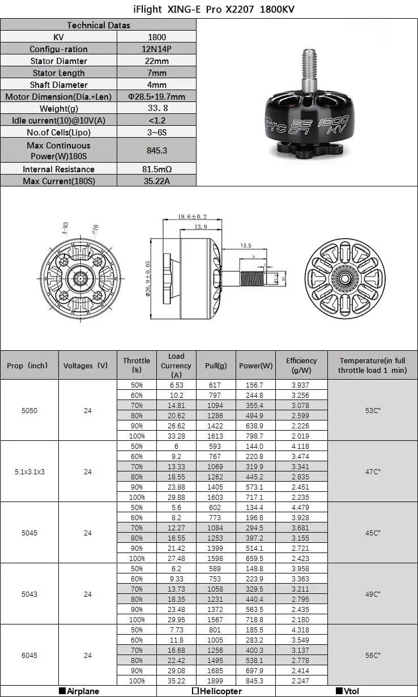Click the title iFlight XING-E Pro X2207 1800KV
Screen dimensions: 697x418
click(x=209, y=9)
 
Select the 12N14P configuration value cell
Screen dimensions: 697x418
click(x=156, y=49)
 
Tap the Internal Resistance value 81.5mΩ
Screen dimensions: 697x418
click(x=156, y=169)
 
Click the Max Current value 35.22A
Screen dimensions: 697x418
click(x=156, y=181)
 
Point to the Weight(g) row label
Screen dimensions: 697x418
click(x=58, y=109)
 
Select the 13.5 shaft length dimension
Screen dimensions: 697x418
click(x=246, y=246)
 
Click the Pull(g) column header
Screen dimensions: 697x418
click(x=216, y=366)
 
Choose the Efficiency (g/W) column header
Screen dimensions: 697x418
click(x=301, y=365)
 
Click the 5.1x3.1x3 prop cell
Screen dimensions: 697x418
click(x=29, y=471)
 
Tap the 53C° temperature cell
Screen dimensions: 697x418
click(x=373, y=410)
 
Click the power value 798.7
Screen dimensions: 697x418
click(x=255, y=436)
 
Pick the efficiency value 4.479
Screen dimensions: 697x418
click(x=301, y=508)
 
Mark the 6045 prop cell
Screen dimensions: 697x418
click(x=29, y=655)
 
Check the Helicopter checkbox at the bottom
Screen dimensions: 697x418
click(x=195, y=691)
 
